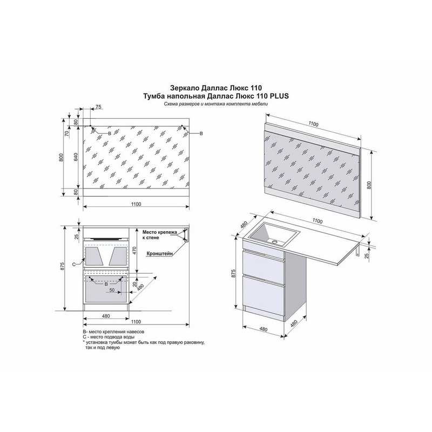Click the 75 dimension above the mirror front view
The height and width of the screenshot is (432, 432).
[98, 107]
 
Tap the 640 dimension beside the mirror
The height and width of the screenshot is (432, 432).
[76, 157]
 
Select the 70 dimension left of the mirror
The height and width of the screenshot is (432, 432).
[66, 133]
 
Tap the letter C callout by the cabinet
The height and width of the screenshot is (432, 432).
[73, 265]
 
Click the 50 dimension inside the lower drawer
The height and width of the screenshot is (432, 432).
[112, 290]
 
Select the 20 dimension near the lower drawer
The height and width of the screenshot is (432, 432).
[135, 284]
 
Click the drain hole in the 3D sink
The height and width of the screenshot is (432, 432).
[274, 242]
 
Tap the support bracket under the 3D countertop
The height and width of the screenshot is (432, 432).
[358, 251]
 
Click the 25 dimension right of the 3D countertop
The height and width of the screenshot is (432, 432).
[366, 255]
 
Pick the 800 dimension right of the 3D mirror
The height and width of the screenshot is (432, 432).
[369, 185]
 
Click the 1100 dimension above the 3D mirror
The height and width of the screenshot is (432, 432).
[313, 124]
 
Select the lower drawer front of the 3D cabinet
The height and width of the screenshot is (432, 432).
[264, 293]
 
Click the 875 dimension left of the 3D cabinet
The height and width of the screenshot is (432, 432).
[234, 273]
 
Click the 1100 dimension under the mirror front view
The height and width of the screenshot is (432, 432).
[136, 204]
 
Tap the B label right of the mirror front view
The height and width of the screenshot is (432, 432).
[201, 133]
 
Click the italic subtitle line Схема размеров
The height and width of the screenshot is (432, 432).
[215, 104]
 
